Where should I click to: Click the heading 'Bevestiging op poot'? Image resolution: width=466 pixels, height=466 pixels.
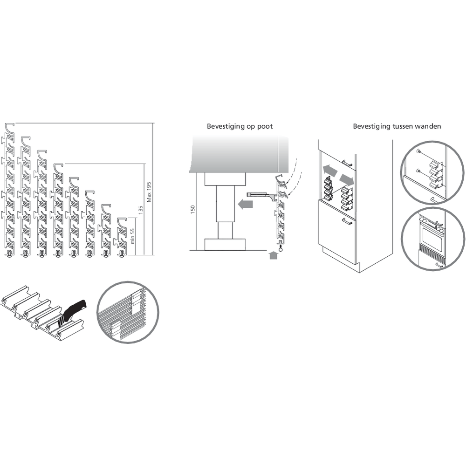tap(240, 126)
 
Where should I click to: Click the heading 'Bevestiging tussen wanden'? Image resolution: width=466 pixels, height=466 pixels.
tap(397, 126)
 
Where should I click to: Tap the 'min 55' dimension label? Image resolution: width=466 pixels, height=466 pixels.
tap(132, 236)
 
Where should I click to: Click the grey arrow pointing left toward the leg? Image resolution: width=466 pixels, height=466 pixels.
tap(246, 205)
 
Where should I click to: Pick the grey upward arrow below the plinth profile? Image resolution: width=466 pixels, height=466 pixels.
tap(273, 255)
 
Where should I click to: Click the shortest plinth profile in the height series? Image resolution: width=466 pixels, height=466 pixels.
tap(121, 237)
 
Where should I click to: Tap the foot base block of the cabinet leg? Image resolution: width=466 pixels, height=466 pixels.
tap(225, 244)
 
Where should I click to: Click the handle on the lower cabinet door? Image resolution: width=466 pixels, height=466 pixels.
tap(347, 221)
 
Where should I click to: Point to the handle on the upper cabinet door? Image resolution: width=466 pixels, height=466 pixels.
tap(347, 163)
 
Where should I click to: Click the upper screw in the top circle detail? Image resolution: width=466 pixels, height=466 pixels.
tap(419, 151)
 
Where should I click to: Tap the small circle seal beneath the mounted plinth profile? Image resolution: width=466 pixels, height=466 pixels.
tap(280, 250)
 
